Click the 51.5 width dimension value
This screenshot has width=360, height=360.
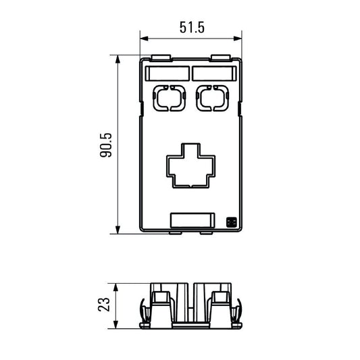(x=192, y=28)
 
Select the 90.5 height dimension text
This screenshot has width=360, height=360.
(x=105, y=146)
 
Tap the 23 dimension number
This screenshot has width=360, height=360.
(x=105, y=305)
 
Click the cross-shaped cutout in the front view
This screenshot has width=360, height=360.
(x=191, y=165)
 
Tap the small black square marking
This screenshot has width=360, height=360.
(x=230, y=222)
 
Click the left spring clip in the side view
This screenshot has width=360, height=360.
(x=145, y=312)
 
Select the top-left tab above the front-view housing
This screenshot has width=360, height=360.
(x=161, y=58)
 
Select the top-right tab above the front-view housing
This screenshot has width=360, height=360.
(x=220, y=58)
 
